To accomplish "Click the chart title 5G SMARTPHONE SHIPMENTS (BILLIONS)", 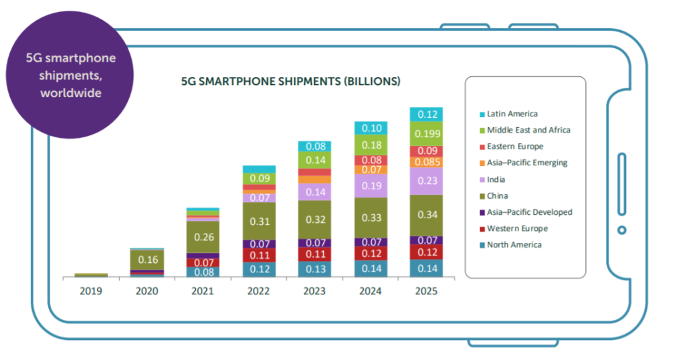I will pyautogui.click(x=291, y=82).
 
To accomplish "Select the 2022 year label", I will pyautogui.click(x=258, y=292).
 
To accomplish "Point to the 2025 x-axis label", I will pyautogui.click(x=426, y=292).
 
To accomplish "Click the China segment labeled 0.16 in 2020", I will pyautogui.click(x=146, y=259).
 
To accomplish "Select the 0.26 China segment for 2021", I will pyautogui.click(x=203, y=236).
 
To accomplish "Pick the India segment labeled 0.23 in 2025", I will pyautogui.click(x=426, y=181).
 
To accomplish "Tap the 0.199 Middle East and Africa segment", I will pyautogui.click(x=426, y=134).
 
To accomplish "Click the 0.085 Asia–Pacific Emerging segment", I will pyautogui.click(x=426, y=162).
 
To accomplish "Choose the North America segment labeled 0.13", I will pyautogui.click(x=314, y=269).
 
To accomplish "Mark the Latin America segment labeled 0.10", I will pyautogui.click(x=370, y=128).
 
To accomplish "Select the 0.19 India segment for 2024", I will pyautogui.click(x=370, y=186).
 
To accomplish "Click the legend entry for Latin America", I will pyautogui.click(x=512, y=114).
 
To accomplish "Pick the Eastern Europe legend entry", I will pyautogui.click(x=515, y=147).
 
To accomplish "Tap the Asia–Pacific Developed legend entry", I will pyautogui.click(x=529, y=212).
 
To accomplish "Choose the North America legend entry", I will pyautogui.click(x=514, y=245).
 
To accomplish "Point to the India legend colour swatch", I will pyautogui.click(x=482, y=180).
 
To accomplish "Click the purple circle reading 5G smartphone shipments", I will pyautogui.click(x=70, y=75).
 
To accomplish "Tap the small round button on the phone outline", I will pyautogui.click(x=621, y=230).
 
